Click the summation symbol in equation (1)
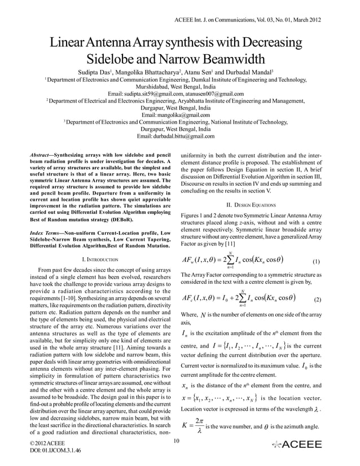(x=230, y=261)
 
